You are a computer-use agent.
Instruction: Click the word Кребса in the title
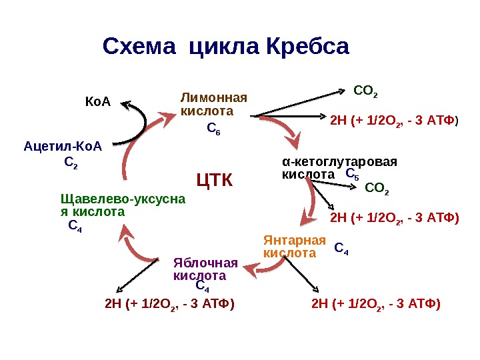pyautogui.click(x=307, y=47)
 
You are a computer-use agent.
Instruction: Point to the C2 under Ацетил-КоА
pyautogui.click(x=71, y=162)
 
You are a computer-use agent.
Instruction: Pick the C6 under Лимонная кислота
pyautogui.click(x=213, y=128)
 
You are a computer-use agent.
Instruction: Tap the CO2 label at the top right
pyautogui.click(x=366, y=90)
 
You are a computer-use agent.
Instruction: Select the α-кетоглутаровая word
pyautogui.click(x=339, y=161)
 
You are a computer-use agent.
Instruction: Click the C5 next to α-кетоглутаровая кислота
pyautogui.click(x=352, y=174)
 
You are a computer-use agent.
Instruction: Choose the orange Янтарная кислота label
pyautogui.click(x=295, y=247)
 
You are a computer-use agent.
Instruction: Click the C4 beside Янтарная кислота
pyautogui.click(x=341, y=249)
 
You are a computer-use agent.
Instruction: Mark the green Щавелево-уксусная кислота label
pyautogui.click(x=123, y=205)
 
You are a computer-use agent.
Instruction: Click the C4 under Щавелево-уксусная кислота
pyautogui.click(x=75, y=227)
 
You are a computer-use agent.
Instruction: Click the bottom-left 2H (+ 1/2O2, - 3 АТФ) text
pyautogui.click(x=169, y=304)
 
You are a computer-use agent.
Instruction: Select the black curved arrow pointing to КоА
pyautogui.click(x=141, y=123)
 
